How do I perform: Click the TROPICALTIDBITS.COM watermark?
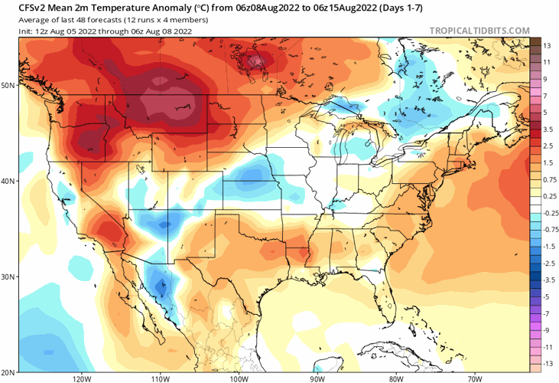pyautogui.click(x=479, y=31)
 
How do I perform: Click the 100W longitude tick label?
pyautogui.click(x=239, y=378)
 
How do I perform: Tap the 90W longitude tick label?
pyautogui.click(x=317, y=378)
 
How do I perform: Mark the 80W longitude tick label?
pyautogui.click(x=395, y=378)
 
